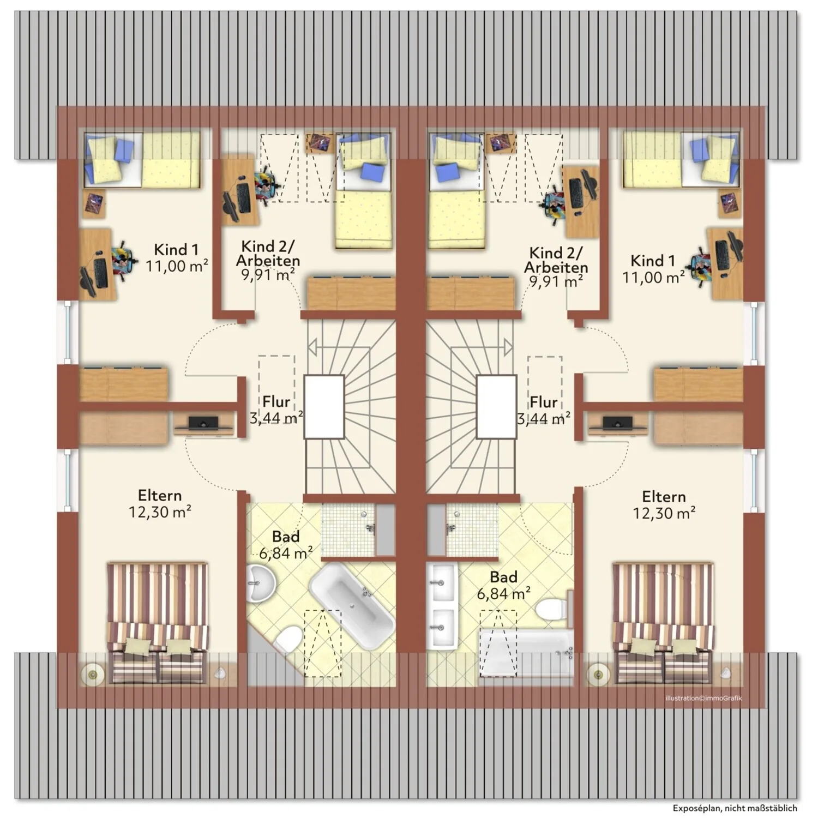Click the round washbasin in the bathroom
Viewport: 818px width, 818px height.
coord(260,583)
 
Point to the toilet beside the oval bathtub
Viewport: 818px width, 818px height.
coord(288,639)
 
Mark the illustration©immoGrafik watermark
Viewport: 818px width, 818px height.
coord(703,698)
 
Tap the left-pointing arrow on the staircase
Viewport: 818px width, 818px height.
coord(313,347)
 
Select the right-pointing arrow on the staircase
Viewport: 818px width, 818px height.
coord(508,347)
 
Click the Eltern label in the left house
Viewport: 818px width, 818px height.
coord(160,495)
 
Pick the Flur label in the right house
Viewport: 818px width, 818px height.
coord(544,402)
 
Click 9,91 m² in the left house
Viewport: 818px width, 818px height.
coord(268,274)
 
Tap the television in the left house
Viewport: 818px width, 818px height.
coord(203,423)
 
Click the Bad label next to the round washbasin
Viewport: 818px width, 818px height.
coord(286,537)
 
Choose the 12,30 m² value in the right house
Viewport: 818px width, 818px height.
coord(664,513)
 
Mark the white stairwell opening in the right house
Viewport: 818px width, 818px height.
coord(496,406)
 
